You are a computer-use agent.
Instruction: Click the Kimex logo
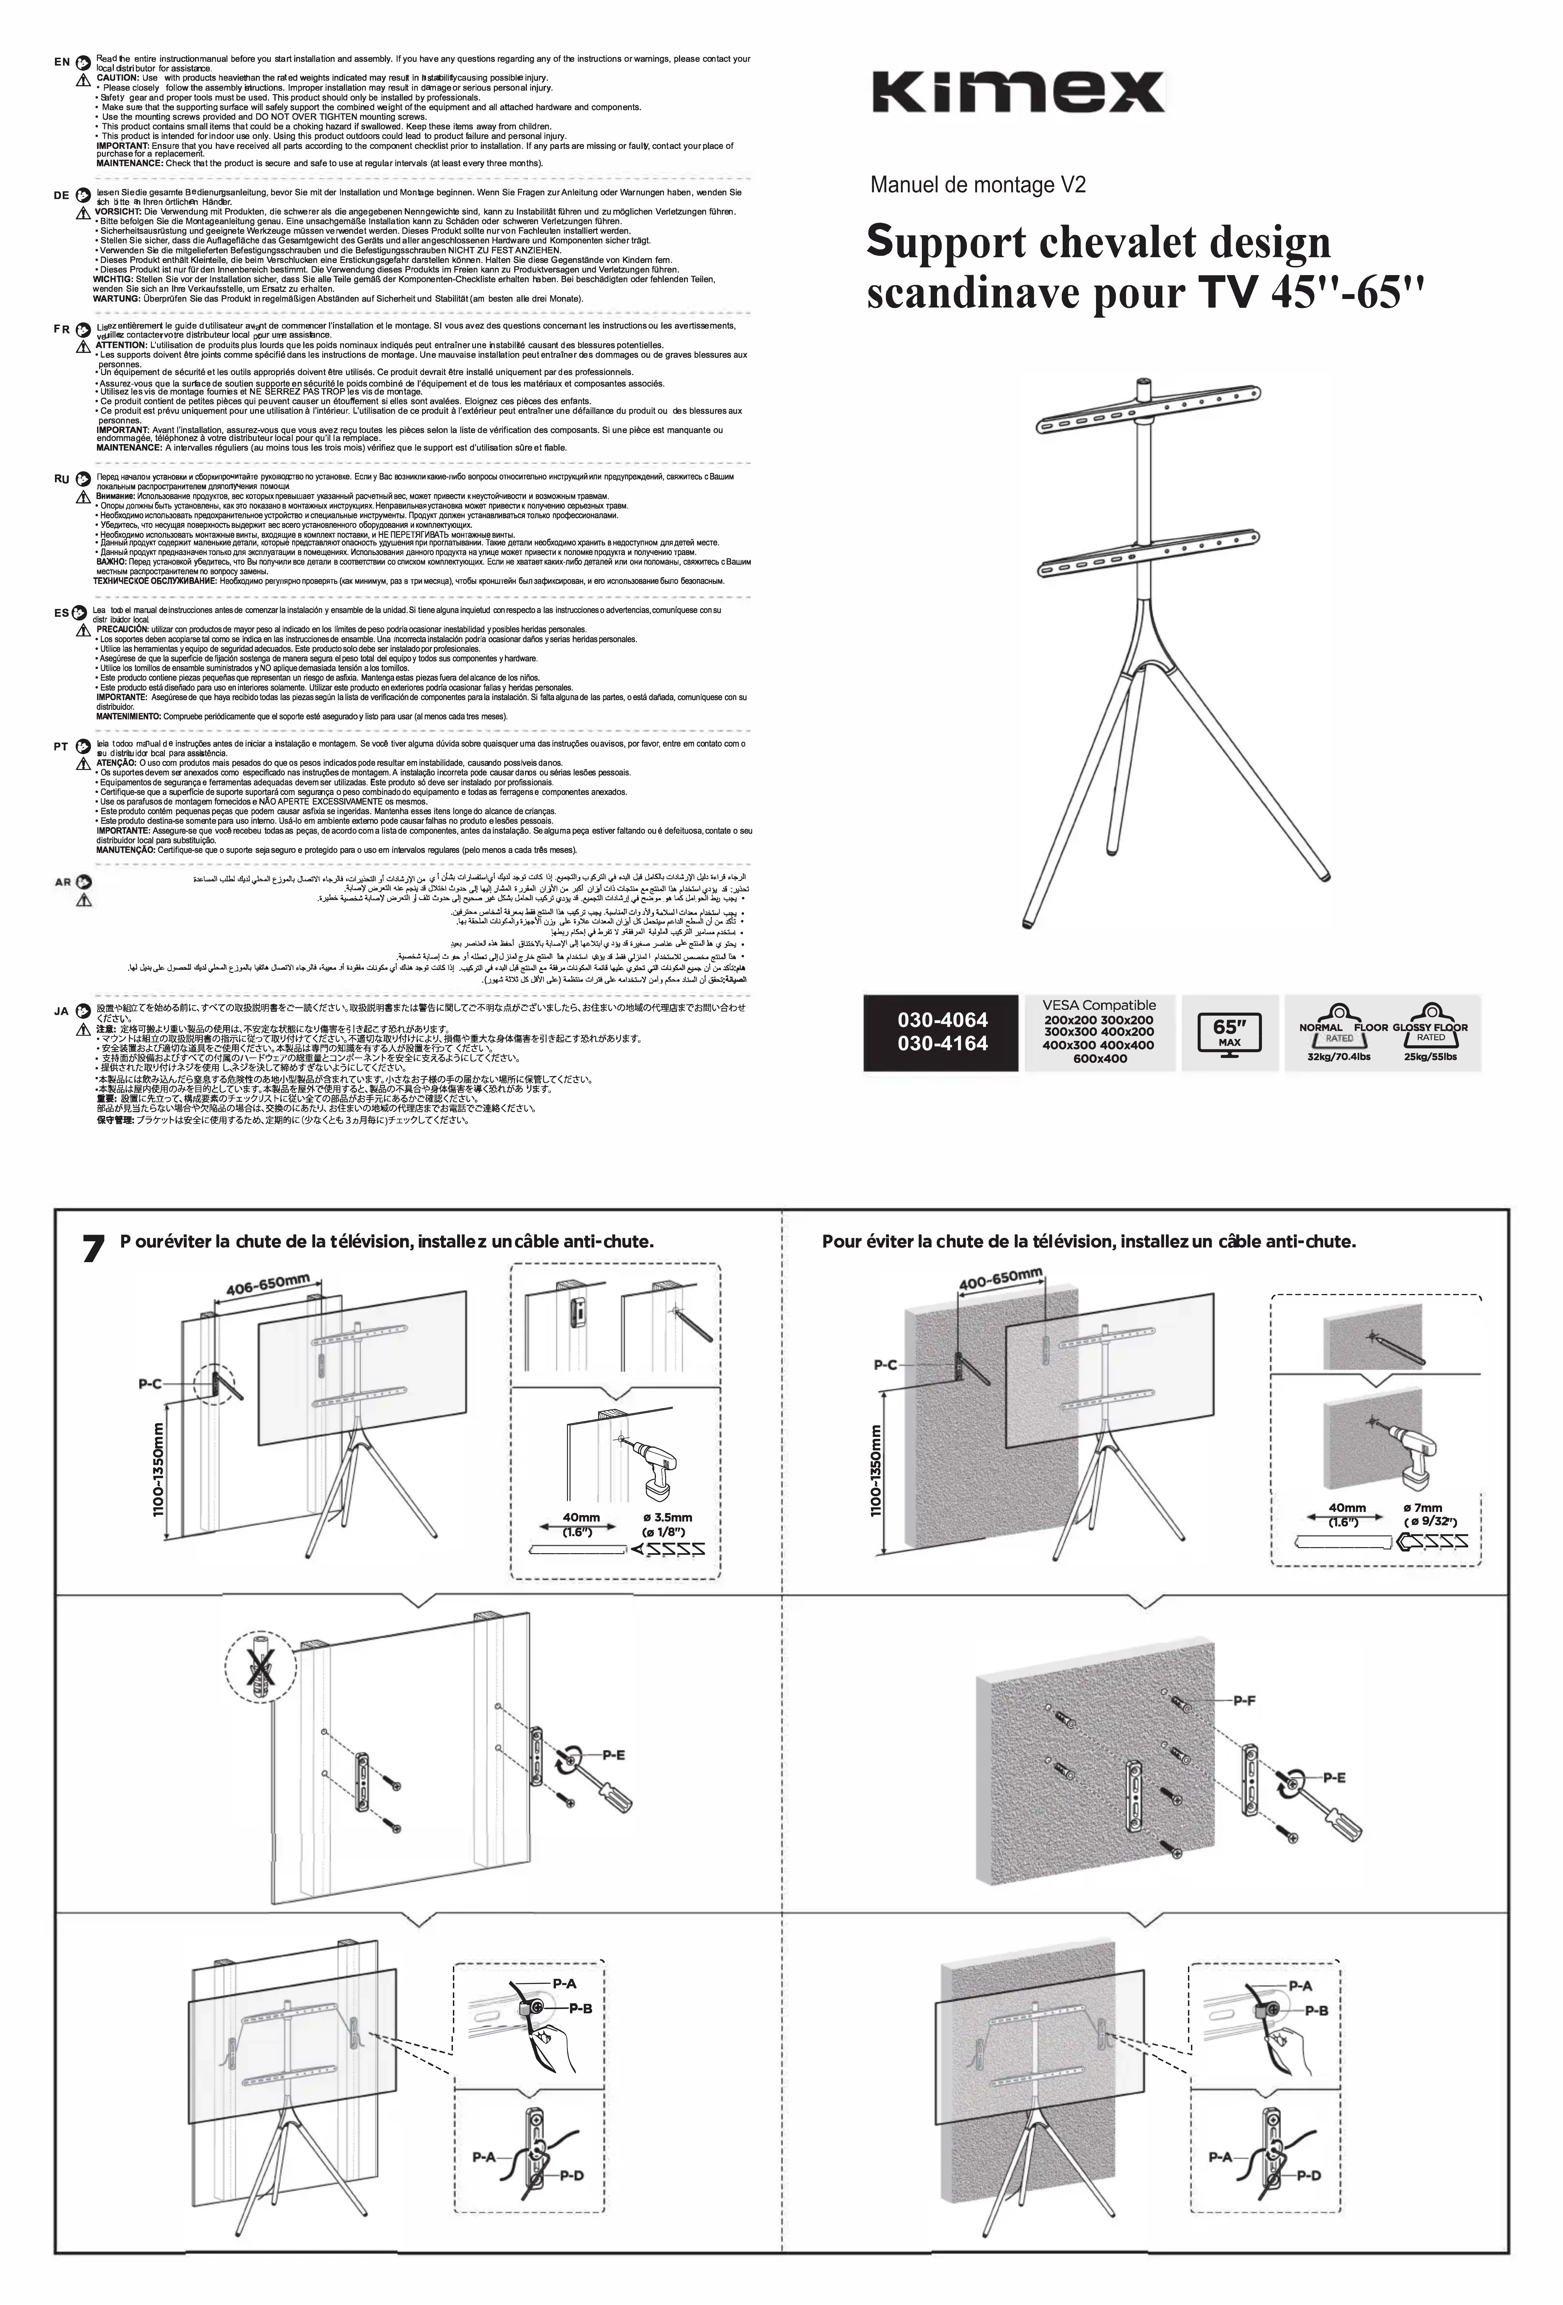point(1019,92)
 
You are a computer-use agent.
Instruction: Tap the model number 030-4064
point(942,1019)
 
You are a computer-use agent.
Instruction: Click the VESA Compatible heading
point(1099,1005)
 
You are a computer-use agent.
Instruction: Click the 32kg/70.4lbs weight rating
point(1339,1056)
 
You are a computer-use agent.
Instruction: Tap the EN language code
point(62,62)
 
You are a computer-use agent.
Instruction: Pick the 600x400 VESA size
point(1099,1058)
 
